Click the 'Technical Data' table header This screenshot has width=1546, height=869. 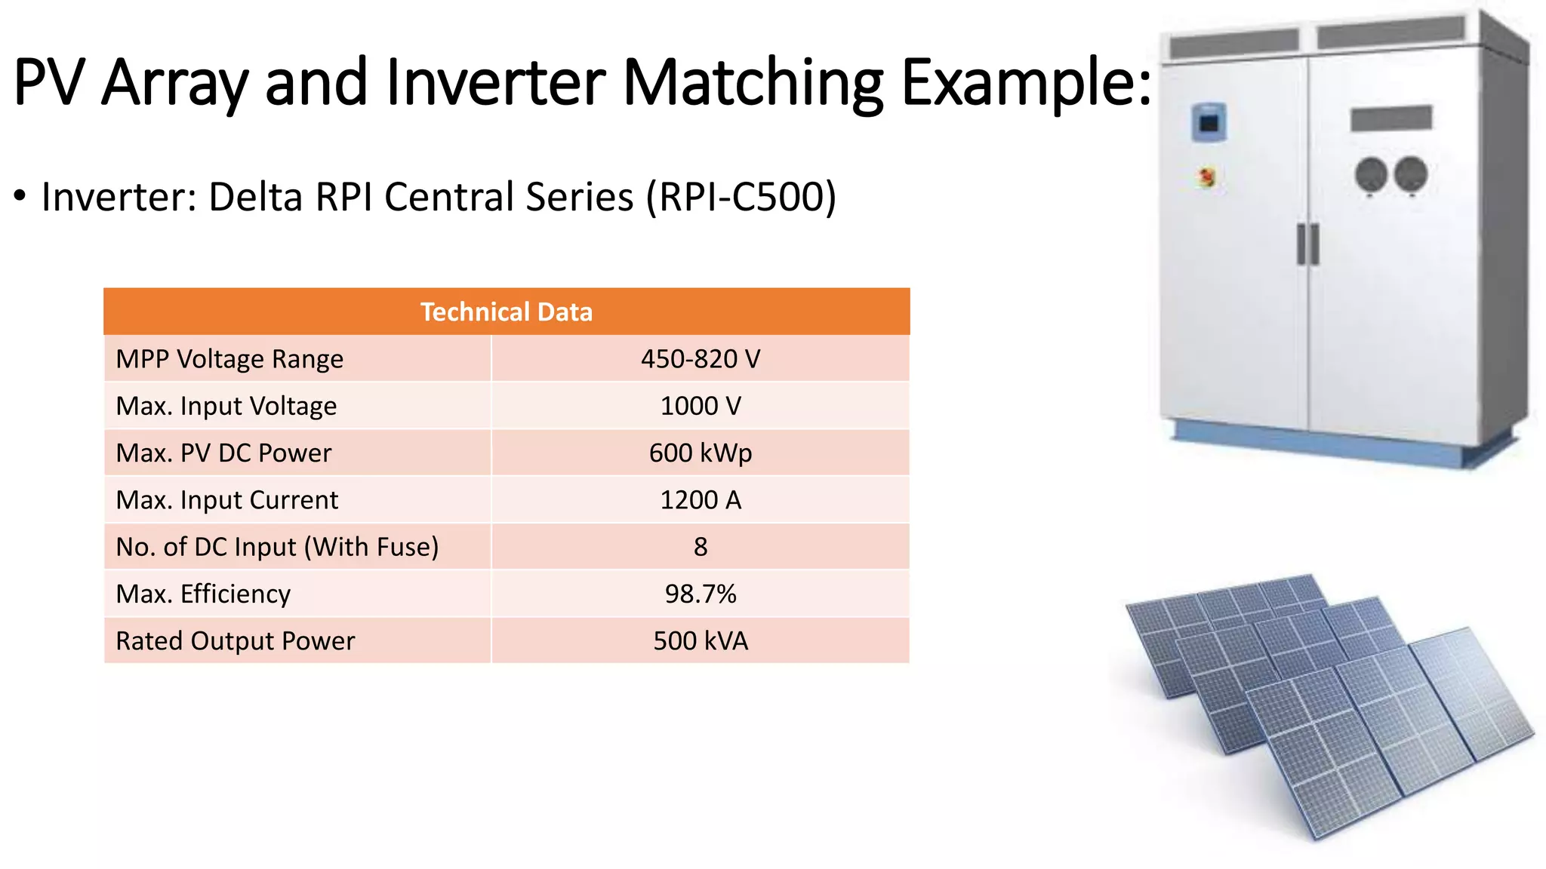point(507,312)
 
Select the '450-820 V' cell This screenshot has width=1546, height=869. point(700,359)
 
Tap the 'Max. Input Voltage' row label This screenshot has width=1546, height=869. point(226,406)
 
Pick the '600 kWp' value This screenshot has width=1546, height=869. point(700,453)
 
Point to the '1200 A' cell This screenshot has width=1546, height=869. point(700,500)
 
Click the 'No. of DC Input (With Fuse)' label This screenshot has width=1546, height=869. point(276,547)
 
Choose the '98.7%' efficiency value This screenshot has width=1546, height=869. point(700,594)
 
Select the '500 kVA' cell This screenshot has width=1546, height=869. point(700,641)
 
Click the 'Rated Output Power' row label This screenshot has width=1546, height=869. point(235,641)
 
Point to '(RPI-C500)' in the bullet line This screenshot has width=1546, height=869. point(741,197)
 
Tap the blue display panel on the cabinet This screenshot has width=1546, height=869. point(1209,122)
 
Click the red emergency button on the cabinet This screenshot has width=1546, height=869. point(1206,178)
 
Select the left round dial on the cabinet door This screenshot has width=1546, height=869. point(1371,175)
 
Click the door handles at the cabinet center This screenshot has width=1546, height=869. point(1307,244)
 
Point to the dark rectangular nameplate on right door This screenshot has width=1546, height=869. point(1391,118)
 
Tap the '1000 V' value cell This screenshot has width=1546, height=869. point(700,406)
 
